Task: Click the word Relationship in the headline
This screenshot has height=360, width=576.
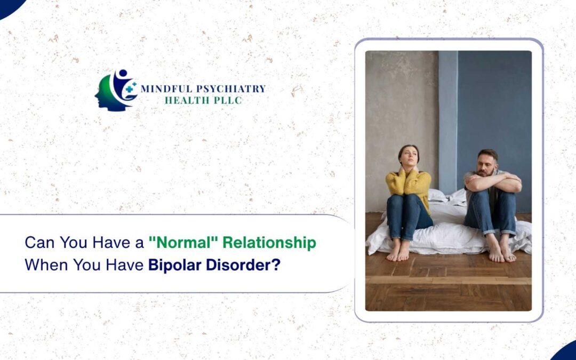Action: click(x=269, y=243)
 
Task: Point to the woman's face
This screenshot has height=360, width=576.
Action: click(x=409, y=157)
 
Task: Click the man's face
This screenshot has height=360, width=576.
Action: click(x=486, y=163)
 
